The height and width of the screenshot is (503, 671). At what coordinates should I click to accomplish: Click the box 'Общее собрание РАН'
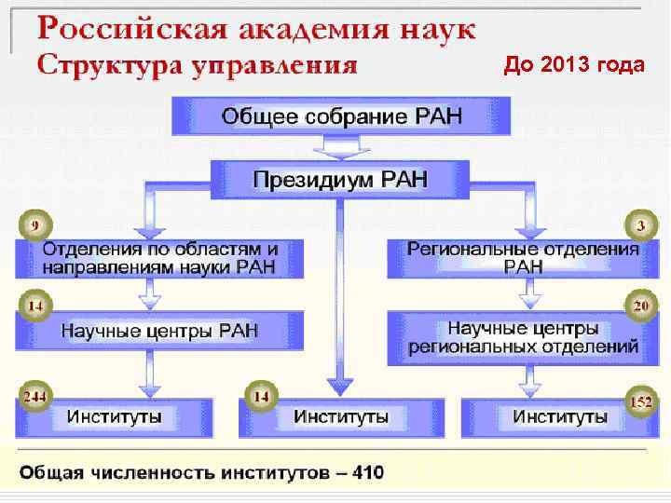tap(341, 117)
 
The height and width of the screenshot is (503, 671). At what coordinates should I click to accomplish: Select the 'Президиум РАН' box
tap(341, 179)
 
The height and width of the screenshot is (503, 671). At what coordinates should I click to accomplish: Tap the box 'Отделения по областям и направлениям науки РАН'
tap(160, 257)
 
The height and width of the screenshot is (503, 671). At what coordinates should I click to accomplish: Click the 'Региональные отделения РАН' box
tap(523, 257)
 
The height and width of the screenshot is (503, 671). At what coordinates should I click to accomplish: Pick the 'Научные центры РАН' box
tap(160, 331)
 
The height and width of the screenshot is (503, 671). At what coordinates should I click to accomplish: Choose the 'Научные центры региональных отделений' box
tap(523, 337)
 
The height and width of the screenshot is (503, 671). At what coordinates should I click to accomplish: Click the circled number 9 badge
tap(34, 224)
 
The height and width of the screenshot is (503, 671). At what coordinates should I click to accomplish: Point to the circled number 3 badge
tap(639, 224)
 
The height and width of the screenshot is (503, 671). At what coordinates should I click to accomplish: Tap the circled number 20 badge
tap(639, 306)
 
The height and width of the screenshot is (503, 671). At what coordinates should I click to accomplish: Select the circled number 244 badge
tap(34, 396)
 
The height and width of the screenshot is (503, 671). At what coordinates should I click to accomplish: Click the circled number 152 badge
tap(639, 402)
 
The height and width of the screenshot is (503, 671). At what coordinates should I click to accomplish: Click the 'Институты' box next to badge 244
tap(116, 416)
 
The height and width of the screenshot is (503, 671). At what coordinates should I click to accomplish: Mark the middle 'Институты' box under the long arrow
tap(341, 416)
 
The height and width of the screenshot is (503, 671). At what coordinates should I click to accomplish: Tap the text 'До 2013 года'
tap(573, 64)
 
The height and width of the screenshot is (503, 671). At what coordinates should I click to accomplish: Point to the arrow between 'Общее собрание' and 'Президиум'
tap(341, 146)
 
